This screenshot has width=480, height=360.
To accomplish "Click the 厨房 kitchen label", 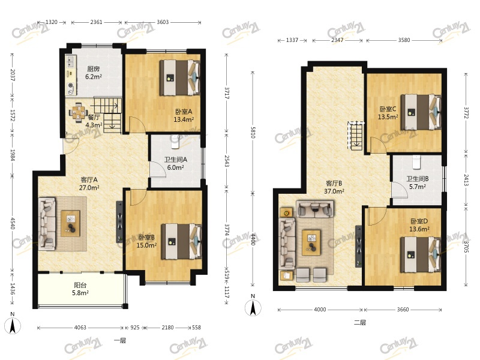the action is tap(94, 69).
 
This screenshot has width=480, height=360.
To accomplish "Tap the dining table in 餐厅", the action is tap(79, 112).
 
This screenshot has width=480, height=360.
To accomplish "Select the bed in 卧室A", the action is tap(180, 77).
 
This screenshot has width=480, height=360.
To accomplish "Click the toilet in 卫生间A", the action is tap(175, 142).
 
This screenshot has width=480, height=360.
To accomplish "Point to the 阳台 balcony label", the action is tap(80, 285).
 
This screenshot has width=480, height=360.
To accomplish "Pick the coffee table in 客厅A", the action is tap(70, 223).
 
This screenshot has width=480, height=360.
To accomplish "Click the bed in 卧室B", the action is tap(182, 242).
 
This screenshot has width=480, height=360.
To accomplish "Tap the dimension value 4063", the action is tap(80, 328).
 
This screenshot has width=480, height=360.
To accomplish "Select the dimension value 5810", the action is tap(253, 132).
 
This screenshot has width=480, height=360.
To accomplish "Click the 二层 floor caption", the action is tap(359, 322).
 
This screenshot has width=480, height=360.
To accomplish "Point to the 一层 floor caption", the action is tap(119, 340).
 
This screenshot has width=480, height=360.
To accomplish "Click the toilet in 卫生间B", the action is tap(416, 162).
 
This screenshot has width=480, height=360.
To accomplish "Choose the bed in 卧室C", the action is tap(421, 112).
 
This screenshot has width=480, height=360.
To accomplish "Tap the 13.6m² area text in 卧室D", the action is tap(419, 229).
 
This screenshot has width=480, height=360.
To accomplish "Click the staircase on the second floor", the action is tap(356, 136).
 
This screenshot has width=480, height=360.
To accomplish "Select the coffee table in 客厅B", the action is tap(311, 242).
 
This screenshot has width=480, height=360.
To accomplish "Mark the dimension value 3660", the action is tap(403, 310).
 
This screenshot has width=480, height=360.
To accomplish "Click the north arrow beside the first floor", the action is tap(13, 325).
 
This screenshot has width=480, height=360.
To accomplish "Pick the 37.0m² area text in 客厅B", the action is tap(334, 191).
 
